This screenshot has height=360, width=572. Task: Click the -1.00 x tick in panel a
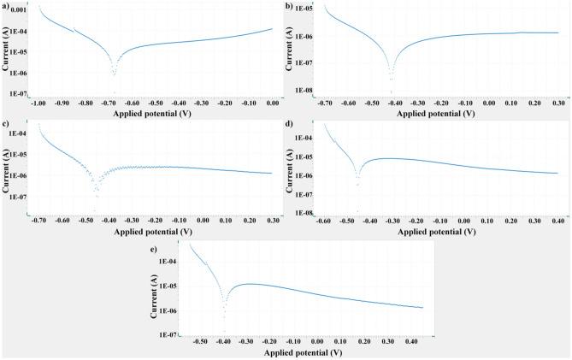pos(38,101)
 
